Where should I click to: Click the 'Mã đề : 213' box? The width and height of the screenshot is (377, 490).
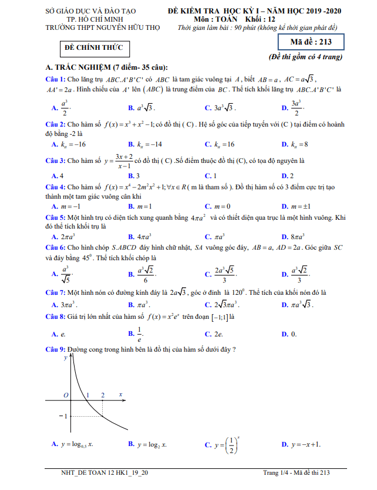[311, 42]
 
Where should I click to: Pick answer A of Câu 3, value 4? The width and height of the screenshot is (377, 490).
[58, 176]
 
